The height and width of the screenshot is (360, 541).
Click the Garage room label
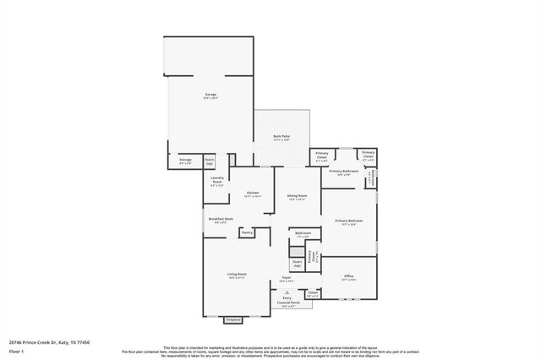(210, 95)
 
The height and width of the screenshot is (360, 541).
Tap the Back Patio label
(281, 137)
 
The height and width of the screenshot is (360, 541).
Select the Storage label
(186, 160)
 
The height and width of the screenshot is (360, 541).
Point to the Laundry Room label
(216, 180)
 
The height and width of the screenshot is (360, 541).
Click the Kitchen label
(253, 194)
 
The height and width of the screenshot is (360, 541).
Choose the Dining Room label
(297, 196)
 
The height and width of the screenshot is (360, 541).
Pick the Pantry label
(247, 232)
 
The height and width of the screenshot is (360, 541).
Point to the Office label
(348, 276)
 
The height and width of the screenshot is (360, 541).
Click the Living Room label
(236, 275)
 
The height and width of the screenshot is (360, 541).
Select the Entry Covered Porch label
(287, 301)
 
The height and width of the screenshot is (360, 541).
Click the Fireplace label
(233, 320)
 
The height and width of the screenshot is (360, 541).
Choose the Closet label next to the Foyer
(312, 292)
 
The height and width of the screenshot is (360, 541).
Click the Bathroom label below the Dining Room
(303, 233)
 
